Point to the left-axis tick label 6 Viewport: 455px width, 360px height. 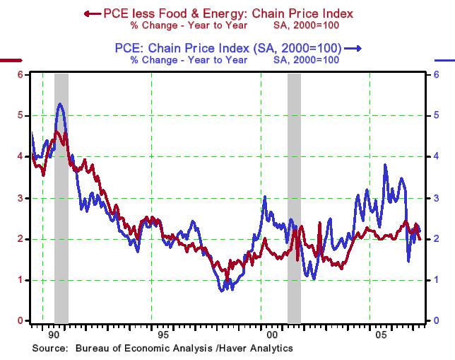tap(20, 74)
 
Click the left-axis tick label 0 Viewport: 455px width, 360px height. tap(20, 321)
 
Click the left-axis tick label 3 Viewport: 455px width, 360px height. tap(20, 198)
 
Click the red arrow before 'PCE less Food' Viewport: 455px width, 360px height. tap(90, 13)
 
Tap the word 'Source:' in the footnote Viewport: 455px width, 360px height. tap(50, 348)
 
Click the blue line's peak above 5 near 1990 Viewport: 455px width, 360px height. tap(60, 104)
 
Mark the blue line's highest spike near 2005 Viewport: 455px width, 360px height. tap(385, 164)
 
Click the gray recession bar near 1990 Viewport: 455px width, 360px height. tap(61, 198)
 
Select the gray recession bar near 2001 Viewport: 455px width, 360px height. tap(294, 198)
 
